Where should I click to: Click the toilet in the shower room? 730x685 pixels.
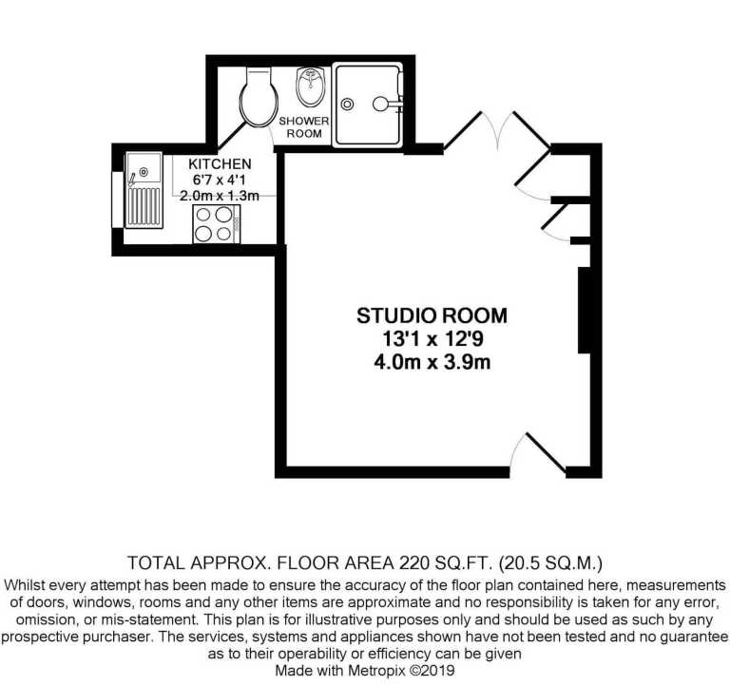point(259,97)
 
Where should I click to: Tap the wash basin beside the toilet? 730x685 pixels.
point(311,86)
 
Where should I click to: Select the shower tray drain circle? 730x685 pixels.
point(347,105)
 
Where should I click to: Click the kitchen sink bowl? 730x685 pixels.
point(144,168)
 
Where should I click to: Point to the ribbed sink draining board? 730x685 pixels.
point(144,207)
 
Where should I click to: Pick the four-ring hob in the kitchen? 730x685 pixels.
point(217,224)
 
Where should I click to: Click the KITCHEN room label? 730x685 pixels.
point(220,163)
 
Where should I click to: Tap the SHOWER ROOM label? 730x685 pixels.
point(304,127)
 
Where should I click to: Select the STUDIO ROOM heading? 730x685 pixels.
point(432,315)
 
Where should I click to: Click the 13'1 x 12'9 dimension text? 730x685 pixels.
point(432,339)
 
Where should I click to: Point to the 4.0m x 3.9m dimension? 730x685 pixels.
point(432,362)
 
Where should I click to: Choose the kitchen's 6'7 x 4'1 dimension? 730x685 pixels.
point(219,180)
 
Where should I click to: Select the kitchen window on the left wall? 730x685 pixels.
point(117,200)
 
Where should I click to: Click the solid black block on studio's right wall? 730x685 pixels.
point(585,310)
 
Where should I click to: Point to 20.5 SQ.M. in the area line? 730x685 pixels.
point(550,563)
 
